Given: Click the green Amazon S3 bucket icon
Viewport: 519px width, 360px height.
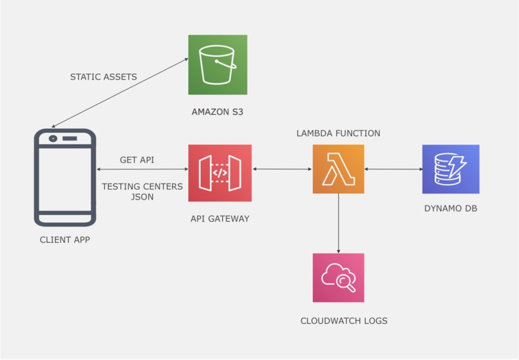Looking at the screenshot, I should tap(218, 64).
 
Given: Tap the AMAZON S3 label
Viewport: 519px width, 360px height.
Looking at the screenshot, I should tap(218, 112).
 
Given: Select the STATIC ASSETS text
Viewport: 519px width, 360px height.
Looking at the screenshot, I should tap(103, 77).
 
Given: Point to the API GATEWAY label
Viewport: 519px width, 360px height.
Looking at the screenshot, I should tap(220, 219).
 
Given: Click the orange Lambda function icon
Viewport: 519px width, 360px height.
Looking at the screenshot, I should tap(338, 169).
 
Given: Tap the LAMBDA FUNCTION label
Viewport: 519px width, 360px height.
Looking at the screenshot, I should tap(338, 133).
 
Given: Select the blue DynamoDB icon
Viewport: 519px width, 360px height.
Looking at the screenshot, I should tap(451, 169).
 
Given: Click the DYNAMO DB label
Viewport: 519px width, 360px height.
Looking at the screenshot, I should tap(451, 209).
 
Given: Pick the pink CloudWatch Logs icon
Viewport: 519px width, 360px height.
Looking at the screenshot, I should tap(338, 278).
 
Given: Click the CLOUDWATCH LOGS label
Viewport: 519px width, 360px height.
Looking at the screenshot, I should tap(344, 320).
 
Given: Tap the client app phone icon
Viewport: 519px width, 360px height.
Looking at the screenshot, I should tap(64, 177).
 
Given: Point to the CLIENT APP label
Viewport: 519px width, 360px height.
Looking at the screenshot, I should tap(64, 240).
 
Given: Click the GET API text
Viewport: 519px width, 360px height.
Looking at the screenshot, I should tap(137, 160).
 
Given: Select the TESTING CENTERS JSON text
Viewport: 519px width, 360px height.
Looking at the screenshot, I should tap(142, 191).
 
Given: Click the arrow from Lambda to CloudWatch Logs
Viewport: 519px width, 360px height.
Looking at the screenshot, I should tap(338, 223).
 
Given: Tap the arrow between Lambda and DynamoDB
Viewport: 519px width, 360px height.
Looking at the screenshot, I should tap(393, 169).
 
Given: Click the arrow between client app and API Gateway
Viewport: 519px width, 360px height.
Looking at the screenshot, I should tap(142, 169).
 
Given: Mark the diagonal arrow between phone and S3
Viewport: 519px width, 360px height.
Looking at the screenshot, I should tap(119, 92).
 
